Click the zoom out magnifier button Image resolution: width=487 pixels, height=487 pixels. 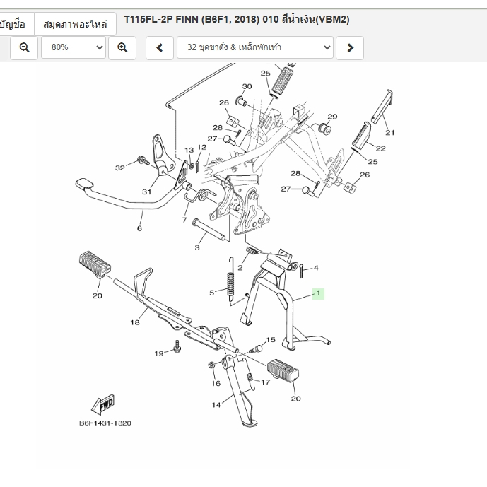point(24,47)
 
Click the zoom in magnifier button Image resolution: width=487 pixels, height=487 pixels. point(122,47)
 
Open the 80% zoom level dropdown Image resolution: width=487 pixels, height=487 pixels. point(74,47)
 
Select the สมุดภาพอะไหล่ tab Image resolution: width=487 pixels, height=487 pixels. point(75,23)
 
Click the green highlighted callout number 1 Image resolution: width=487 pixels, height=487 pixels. point(318,293)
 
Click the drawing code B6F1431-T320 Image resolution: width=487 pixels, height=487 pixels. point(105,423)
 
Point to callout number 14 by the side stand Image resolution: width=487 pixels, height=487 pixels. point(216,405)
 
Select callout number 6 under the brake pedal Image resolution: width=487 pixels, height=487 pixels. point(139,228)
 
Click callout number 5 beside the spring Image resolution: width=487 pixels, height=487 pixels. point(211,293)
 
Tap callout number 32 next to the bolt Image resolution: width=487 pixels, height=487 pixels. point(120,168)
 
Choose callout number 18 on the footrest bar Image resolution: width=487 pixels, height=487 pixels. point(134,322)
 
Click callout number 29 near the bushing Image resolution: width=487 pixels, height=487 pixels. point(332,117)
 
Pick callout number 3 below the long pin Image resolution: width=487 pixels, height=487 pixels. point(197,247)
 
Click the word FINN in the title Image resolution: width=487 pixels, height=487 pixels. point(187,19)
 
